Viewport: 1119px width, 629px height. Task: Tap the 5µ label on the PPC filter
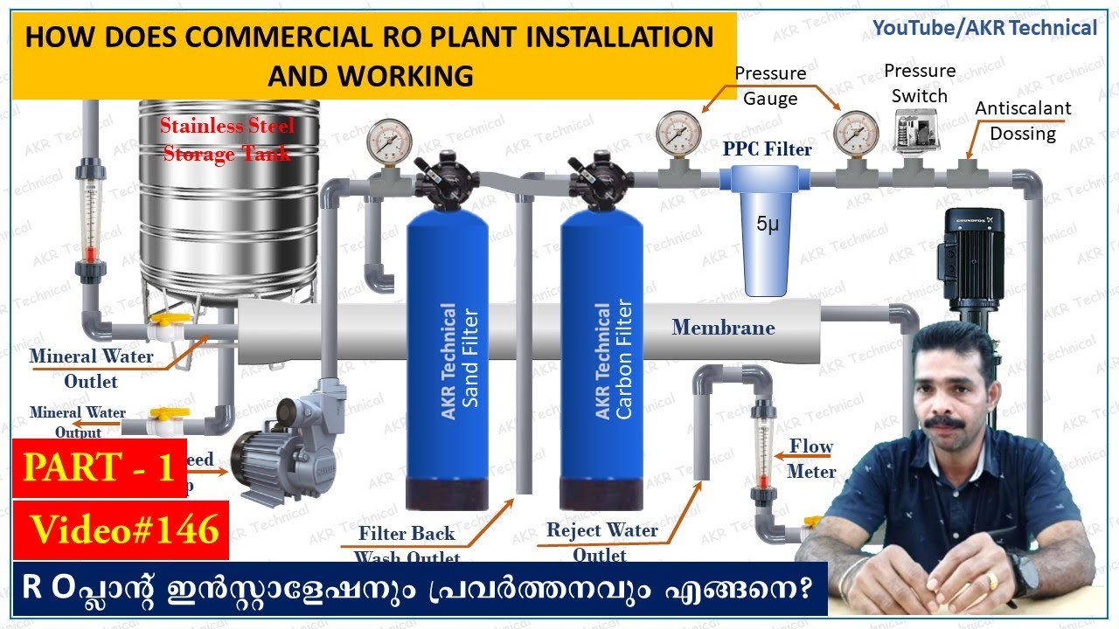coord(767,225)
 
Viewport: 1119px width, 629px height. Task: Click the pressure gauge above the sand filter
coord(389,142)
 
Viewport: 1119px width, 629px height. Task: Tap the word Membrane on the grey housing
coord(723,328)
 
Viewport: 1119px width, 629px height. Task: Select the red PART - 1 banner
coord(100,468)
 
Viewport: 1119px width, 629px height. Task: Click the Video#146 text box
coord(122,529)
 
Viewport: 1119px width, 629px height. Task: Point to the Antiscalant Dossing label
coord(1023,121)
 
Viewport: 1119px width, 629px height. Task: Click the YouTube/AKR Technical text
coord(984,28)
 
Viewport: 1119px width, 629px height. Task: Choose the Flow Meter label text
coord(811,459)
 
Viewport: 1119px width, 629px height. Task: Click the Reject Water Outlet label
coord(601,542)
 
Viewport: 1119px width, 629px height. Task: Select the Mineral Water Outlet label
coord(91,368)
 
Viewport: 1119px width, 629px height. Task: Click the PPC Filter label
coord(768,149)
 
